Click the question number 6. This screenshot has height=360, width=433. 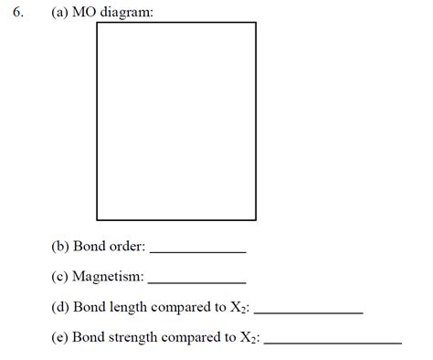pos(18,12)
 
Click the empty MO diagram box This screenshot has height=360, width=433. pos(176,121)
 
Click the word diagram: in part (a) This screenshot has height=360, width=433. pos(127,12)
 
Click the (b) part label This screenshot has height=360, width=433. pos(60,246)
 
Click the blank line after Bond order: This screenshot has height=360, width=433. pos(197,250)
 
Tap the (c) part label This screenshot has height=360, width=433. pos(60,277)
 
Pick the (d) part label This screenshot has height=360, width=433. pos(60,307)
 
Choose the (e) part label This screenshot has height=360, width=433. pos(60,337)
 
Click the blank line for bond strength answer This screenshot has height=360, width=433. pos(332,343)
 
